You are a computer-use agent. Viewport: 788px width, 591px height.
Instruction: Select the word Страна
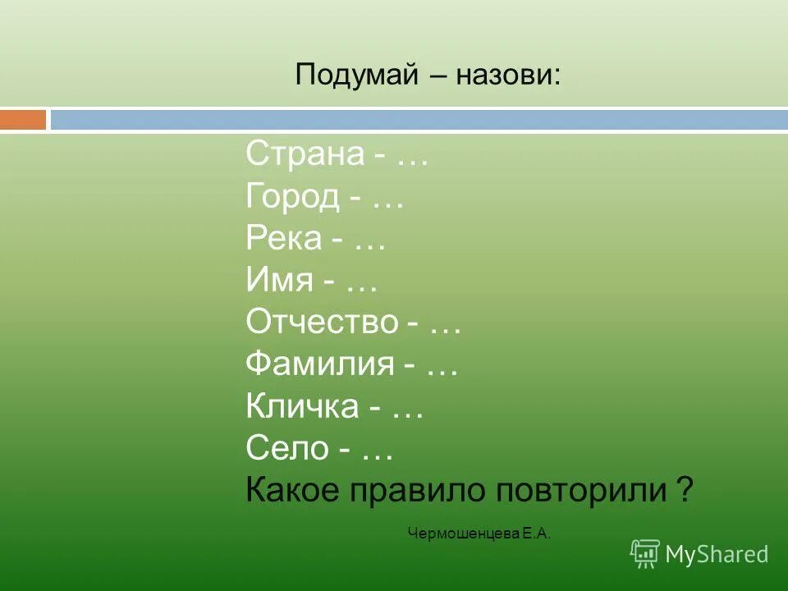(x=304, y=153)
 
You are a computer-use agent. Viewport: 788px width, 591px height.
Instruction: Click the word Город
(x=291, y=196)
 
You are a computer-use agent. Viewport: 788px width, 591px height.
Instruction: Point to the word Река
(x=282, y=238)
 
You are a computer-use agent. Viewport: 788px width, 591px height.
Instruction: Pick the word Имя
(x=279, y=282)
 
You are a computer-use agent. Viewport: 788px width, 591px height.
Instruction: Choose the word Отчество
(x=321, y=323)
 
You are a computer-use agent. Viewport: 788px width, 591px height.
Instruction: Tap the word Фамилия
(x=319, y=365)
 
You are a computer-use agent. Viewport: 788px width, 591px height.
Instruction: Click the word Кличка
(x=301, y=407)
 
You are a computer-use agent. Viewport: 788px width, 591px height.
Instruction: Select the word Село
(x=287, y=449)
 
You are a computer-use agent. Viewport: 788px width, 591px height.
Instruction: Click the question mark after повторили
(x=685, y=491)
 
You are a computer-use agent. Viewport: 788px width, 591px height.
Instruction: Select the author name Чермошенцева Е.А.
(x=479, y=534)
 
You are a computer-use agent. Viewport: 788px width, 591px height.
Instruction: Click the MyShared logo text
(x=717, y=554)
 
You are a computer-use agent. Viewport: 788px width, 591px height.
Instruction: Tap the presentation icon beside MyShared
(x=645, y=554)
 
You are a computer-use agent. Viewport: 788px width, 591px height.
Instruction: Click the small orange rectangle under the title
(x=23, y=120)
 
